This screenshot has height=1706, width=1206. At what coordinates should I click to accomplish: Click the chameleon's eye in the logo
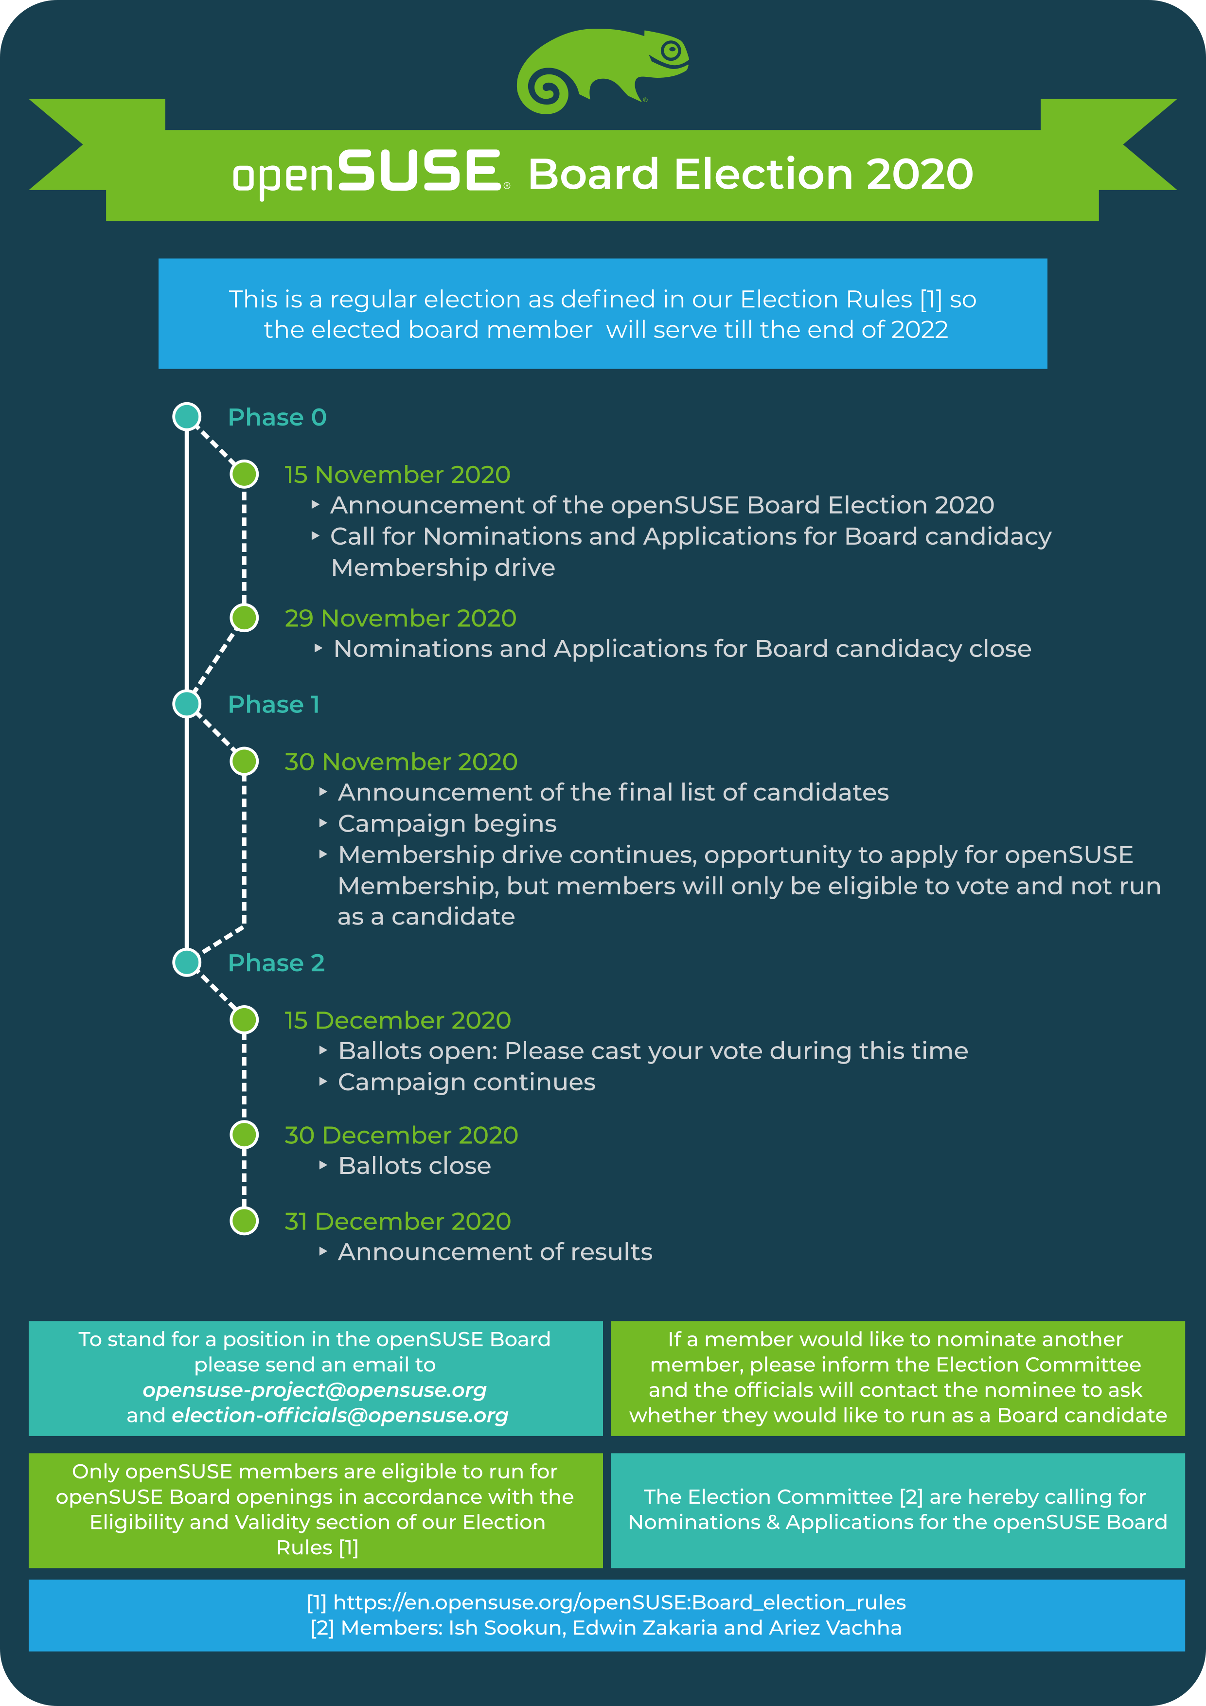pos(671,51)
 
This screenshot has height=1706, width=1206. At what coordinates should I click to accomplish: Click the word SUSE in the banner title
pos(420,170)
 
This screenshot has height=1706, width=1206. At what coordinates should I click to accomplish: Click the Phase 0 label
pos(277,418)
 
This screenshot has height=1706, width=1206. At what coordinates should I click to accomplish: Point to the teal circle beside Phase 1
pos(187,704)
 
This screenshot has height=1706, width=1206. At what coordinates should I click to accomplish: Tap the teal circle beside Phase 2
pos(187,962)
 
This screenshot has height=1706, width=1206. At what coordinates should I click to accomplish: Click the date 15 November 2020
pos(397,475)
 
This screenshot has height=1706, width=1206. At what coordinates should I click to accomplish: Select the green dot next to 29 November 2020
pos(244,618)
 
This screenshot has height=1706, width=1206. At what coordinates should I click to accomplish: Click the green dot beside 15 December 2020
pos(244,1019)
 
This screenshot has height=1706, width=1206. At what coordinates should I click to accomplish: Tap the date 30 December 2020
pos(401,1136)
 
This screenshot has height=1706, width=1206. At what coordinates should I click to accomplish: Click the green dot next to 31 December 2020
pos(244,1221)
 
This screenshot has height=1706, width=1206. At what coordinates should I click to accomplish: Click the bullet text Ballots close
pos(415,1166)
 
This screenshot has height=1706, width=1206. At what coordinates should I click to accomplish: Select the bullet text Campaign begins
pos(447,824)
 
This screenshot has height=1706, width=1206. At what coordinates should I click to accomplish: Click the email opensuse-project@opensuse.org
pos(315,1390)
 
